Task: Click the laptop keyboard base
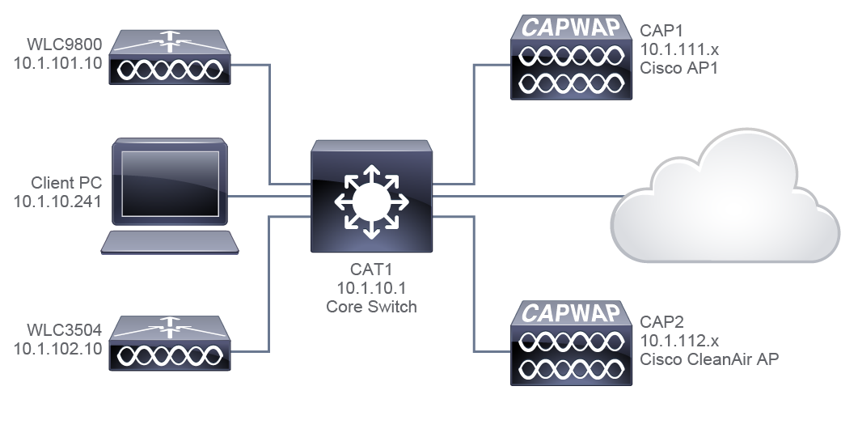[169, 242]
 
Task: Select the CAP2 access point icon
[571, 343]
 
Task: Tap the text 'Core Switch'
[371, 307]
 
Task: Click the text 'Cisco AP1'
[678, 69]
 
